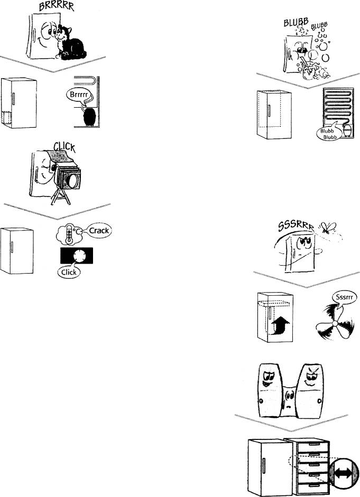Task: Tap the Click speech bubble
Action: point(68,273)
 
